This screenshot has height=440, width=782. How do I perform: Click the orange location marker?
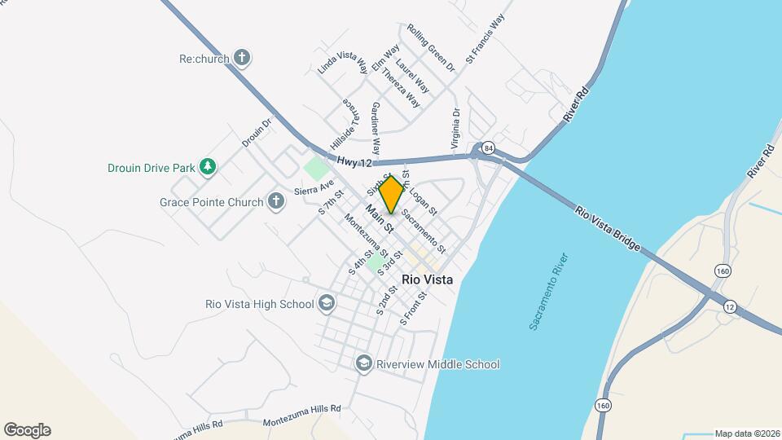point(392,195)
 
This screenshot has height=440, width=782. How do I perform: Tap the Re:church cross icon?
point(241,58)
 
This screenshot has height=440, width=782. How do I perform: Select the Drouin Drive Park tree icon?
point(208,168)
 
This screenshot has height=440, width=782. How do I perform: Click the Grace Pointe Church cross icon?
point(276,201)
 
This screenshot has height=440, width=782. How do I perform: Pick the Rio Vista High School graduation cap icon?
point(327,304)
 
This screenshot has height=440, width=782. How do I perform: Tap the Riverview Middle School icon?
point(364,363)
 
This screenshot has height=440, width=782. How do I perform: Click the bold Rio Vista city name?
point(427,279)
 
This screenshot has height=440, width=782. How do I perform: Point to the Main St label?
point(380,219)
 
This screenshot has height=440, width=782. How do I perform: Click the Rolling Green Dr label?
point(431,46)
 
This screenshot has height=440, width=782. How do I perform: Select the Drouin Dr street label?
point(256,134)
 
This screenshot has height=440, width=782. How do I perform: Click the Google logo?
point(27,430)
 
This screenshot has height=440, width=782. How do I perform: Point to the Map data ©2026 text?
point(747,433)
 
